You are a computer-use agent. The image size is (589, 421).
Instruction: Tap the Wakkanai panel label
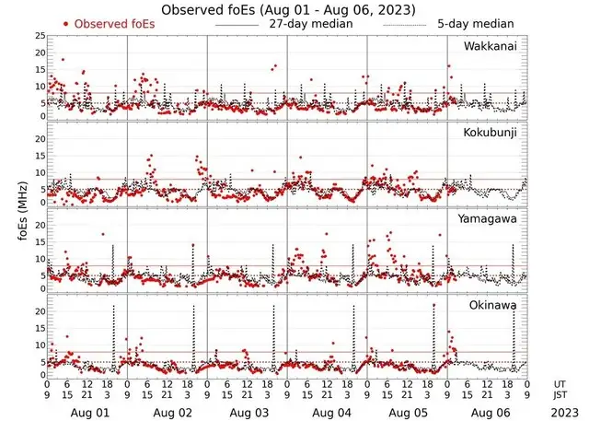[x=490, y=46]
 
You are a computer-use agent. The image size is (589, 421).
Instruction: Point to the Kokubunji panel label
[x=489, y=134]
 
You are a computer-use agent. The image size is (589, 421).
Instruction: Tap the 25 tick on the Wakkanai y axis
[x=40, y=36]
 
